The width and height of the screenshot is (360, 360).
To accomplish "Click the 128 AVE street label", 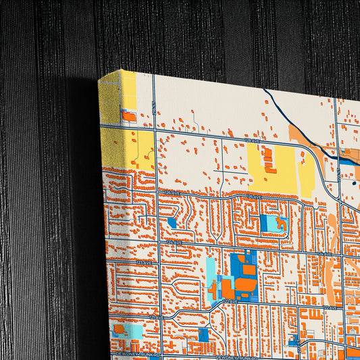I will pyautogui.click(x=252, y=140).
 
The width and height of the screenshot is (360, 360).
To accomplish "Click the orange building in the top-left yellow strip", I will pyautogui.click(x=129, y=116).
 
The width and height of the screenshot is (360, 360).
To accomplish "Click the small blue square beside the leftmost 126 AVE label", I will pyautogui.click(x=172, y=222).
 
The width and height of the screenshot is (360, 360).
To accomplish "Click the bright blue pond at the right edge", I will pyautogui.click(x=348, y=161).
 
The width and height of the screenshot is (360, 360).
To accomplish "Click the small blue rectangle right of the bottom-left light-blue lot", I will pyautogui.click(x=203, y=334).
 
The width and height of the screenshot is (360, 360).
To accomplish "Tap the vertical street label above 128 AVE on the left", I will pyautogui.click(x=154, y=106).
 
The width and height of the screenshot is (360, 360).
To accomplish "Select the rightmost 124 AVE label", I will pyautogui.click(x=324, y=255).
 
